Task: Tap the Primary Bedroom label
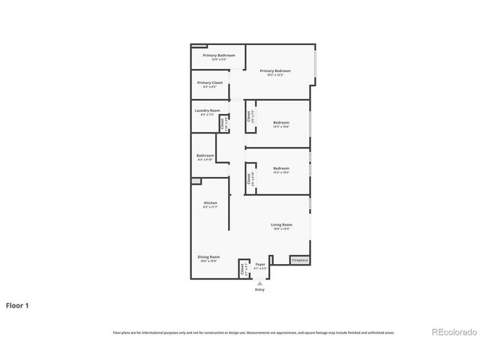coord(278,71)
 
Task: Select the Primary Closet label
coord(210,82)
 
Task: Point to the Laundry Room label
coord(207,110)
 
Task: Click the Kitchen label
coord(211,203)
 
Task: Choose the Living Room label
coord(281,225)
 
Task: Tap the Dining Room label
coord(208,257)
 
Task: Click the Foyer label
coord(260,264)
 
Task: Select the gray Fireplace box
coord(300,260)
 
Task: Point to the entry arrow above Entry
coord(259,281)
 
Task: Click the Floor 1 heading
coord(18,305)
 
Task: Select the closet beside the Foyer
coord(244,268)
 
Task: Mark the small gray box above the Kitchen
coord(196,181)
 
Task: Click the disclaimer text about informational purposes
coord(253,332)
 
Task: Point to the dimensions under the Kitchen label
coord(211,207)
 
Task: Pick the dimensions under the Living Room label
coord(281,229)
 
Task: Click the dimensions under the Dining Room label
coord(208,261)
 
